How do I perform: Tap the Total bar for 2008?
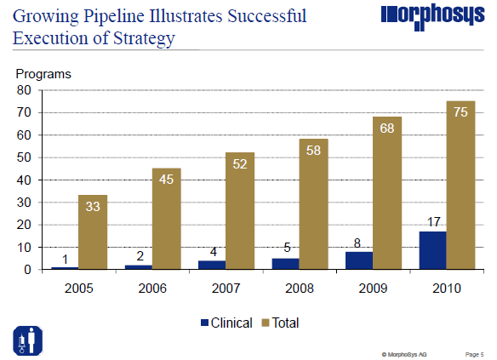(313, 204)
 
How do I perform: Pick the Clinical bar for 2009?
(358, 260)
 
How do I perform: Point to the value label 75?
(460, 114)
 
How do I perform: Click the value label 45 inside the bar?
(166, 180)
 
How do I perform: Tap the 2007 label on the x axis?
(226, 288)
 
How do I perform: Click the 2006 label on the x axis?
(151, 288)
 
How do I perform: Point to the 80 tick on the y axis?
(24, 90)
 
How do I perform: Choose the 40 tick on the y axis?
(24, 180)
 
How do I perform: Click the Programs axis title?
(43, 73)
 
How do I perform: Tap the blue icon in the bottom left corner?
(26, 340)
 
